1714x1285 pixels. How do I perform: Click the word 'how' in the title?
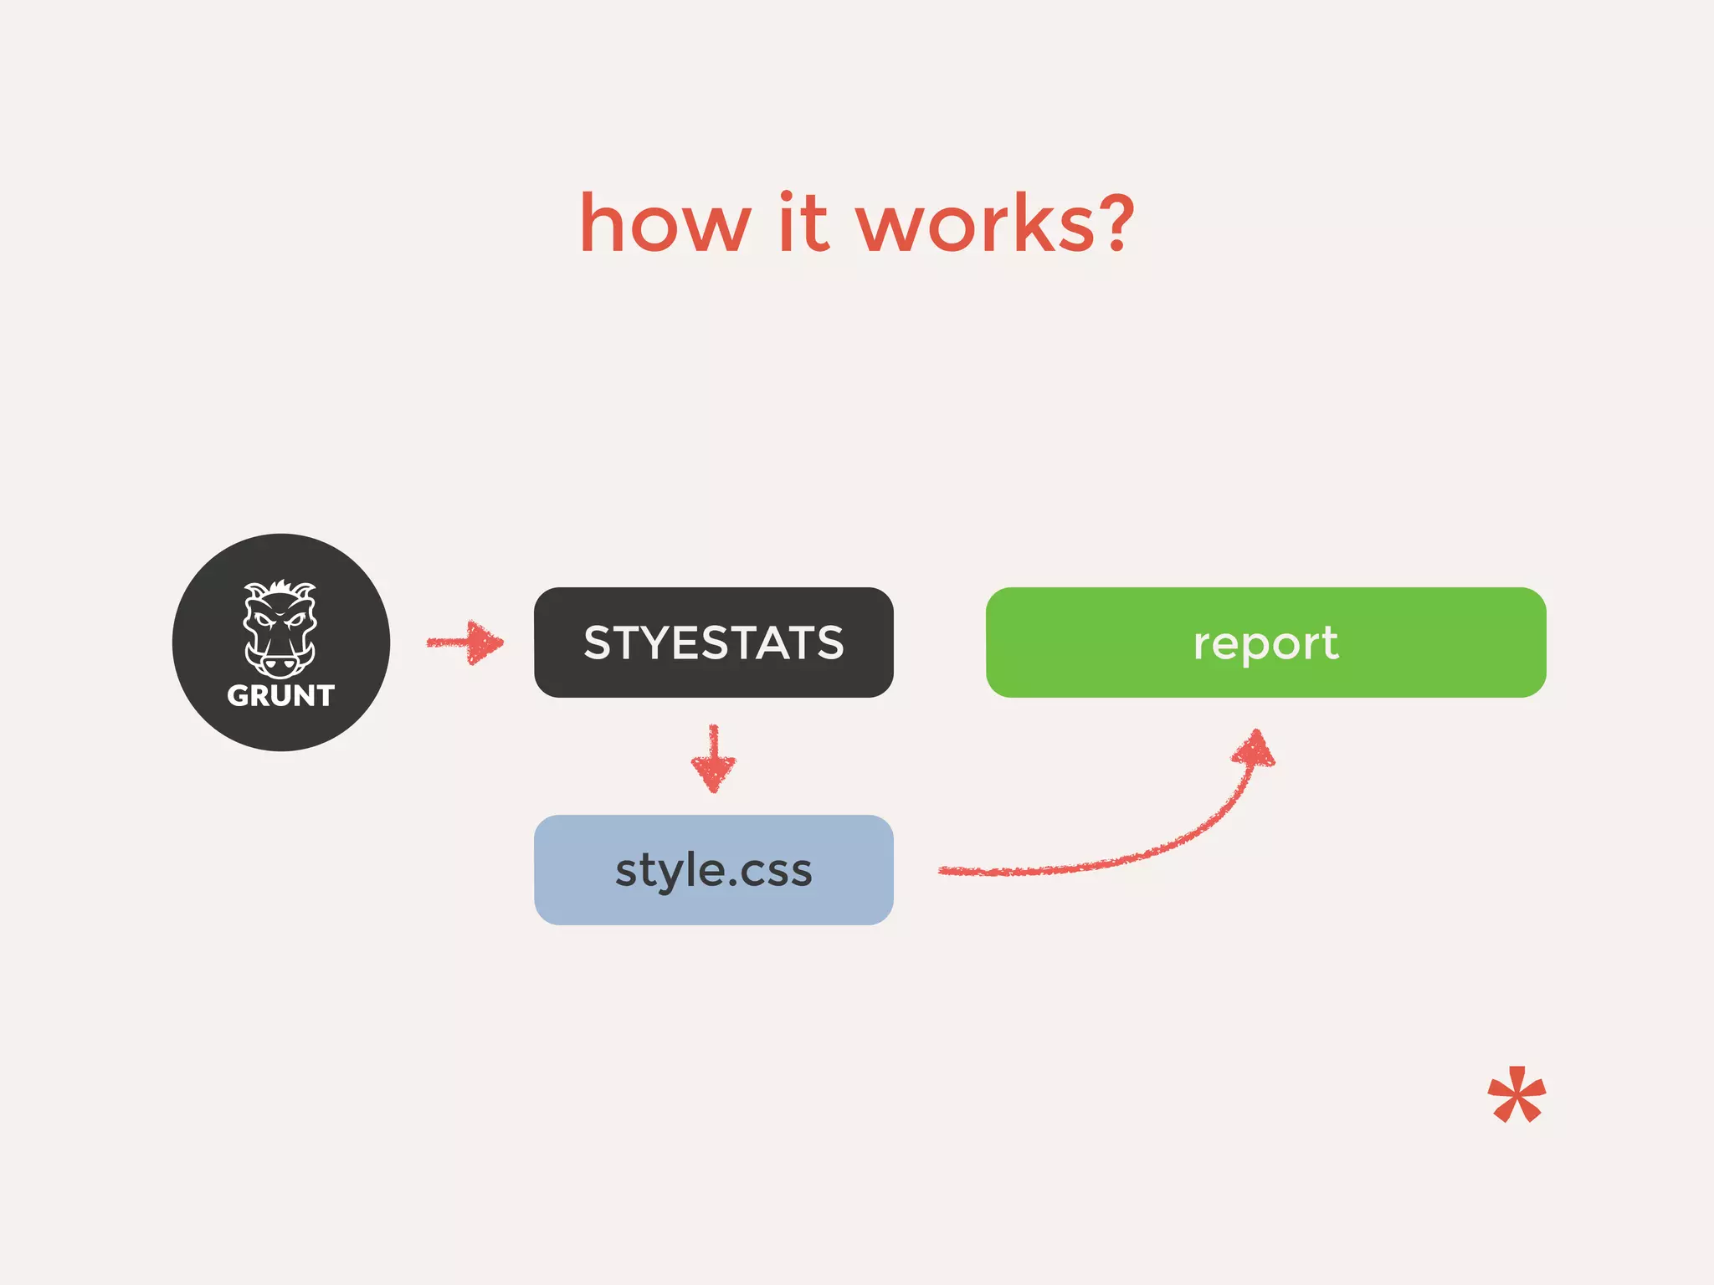coord(665,223)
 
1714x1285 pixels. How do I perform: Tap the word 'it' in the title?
coord(803,223)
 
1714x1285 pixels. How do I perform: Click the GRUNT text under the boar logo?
coord(280,695)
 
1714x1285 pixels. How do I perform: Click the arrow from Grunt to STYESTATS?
coord(464,642)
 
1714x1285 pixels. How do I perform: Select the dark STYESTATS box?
coord(713,602)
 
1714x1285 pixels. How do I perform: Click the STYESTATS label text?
coord(713,642)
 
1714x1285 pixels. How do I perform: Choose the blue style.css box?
coord(713,908)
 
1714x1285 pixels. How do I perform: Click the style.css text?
coord(713,870)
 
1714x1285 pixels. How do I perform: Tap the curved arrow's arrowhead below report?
coord(1255,748)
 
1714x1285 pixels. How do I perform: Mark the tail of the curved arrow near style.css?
coord(950,871)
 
